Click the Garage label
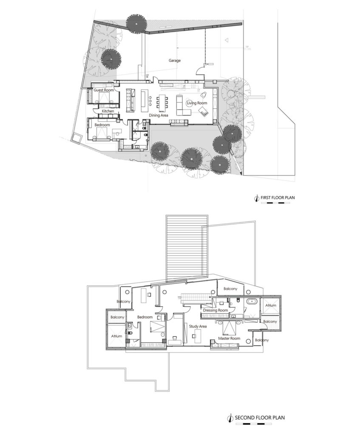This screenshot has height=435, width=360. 174,60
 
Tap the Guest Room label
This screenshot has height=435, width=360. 104,90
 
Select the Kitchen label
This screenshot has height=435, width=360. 108,111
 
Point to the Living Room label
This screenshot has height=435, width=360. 197,103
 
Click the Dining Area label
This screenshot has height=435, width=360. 159,115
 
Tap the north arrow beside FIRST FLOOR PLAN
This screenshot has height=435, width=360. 257,198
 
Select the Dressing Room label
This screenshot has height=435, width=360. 216,310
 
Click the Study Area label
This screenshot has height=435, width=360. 198,326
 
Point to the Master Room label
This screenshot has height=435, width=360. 229,339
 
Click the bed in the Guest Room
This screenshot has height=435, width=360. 105,97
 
